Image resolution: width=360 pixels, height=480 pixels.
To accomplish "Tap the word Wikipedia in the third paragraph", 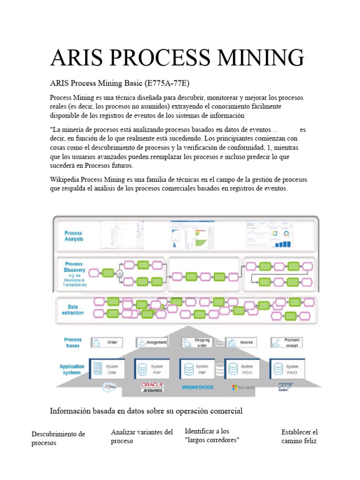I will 64,180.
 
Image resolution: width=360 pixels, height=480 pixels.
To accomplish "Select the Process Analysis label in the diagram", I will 74,236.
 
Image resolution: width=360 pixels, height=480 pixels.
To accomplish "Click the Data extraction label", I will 73,310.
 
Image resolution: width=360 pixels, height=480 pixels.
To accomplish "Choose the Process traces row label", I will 73,343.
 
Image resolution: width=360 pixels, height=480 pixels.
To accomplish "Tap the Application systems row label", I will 72,369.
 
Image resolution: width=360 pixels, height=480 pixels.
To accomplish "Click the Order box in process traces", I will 107,343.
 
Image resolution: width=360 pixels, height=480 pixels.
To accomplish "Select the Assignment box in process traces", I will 152,343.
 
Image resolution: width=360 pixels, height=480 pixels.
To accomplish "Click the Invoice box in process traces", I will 242,343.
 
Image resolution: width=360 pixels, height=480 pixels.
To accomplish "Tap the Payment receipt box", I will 287,343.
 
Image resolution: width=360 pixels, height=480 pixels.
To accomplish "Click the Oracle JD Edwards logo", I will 152,387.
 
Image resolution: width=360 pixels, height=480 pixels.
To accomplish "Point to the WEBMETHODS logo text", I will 197,388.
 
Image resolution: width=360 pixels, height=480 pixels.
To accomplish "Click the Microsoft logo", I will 243,388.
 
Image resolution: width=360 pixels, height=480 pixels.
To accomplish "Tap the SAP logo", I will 285,387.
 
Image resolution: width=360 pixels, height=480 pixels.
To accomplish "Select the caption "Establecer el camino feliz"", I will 300,436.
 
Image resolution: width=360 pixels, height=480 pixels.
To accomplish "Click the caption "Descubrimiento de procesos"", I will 58,438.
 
